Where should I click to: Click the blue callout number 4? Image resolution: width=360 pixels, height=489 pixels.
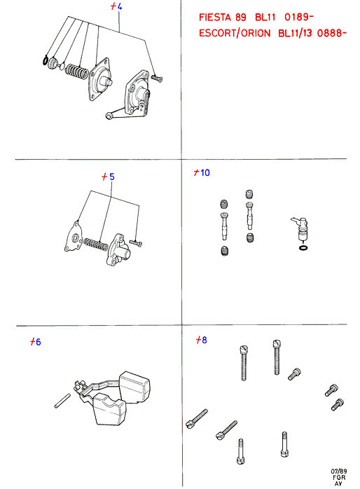tap(119, 6)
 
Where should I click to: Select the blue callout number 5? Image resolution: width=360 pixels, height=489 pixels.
tap(112, 177)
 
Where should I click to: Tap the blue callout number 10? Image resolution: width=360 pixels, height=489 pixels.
tap(205, 172)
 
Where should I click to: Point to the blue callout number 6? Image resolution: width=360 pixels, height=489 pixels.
tap(39, 342)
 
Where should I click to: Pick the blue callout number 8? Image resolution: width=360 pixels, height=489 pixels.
tap(205, 340)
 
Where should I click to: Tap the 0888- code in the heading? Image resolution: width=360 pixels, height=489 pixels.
tap(332, 33)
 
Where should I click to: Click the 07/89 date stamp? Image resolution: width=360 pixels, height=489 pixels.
tap(338, 471)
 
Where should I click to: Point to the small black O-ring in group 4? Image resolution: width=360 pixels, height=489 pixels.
tap(46, 60)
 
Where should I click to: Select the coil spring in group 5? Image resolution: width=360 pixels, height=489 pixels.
tap(96, 245)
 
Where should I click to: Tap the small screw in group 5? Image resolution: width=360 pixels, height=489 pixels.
tap(136, 242)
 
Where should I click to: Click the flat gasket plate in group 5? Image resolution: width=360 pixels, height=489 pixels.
tap(74, 236)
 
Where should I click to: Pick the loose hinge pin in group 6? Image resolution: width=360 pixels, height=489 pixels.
tap(62, 401)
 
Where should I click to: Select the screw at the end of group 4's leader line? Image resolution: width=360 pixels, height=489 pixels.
tap(156, 78)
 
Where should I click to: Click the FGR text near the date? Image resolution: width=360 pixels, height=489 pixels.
tap(339, 478)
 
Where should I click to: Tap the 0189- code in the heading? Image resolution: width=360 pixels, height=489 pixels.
tap(298, 17)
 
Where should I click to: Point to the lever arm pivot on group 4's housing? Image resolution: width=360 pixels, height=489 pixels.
tap(109, 116)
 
